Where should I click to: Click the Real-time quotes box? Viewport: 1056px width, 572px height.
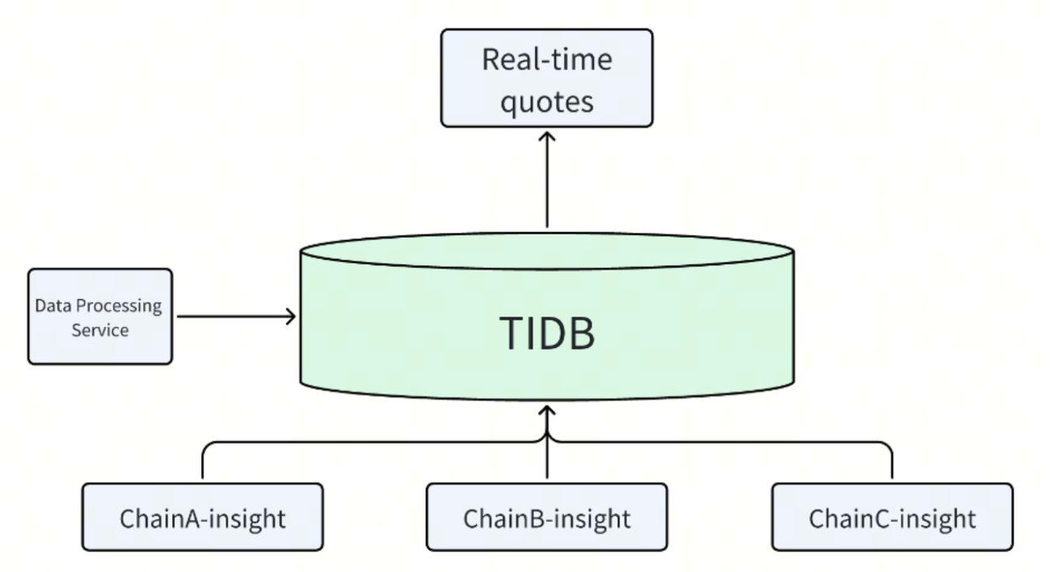[546, 78]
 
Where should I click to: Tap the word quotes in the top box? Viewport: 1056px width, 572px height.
[546, 101]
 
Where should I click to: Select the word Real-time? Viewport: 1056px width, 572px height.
[546, 60]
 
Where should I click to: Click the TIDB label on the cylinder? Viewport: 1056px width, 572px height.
[546, 333]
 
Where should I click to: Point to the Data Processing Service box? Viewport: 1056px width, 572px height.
[100, 316]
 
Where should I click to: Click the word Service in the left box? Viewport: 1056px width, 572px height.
[100, 330]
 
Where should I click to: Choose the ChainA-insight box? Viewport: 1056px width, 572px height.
[202, 517]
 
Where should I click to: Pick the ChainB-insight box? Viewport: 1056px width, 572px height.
[546, 517]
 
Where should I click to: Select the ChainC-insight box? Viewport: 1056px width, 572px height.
[891, 517]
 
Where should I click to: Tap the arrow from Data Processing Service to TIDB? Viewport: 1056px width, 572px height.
[235, 316]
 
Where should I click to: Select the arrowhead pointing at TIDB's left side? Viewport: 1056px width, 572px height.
[291, 316]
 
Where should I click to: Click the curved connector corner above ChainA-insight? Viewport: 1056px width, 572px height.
[206, 446]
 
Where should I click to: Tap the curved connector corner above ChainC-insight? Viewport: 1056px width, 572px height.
[887, 446]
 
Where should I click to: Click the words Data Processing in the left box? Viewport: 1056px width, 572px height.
[98, 307]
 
